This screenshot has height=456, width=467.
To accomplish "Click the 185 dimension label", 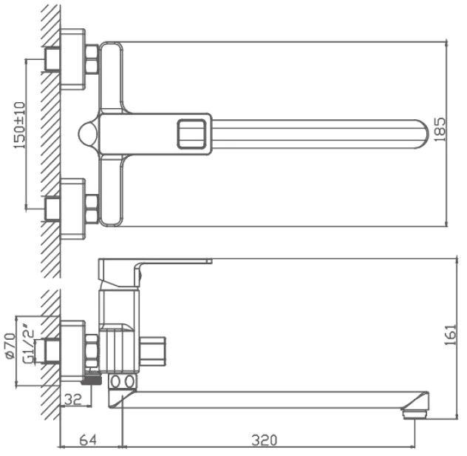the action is [440, 130].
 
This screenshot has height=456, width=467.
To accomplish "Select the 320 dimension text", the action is [265, 440].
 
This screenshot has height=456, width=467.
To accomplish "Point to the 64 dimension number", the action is [88, 440].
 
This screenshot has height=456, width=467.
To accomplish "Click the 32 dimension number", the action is [73, 400].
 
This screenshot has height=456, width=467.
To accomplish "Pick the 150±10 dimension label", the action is [20, 125].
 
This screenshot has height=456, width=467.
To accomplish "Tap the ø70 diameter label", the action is [10, 346].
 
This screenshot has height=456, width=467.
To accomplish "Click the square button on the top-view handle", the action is [191, 134].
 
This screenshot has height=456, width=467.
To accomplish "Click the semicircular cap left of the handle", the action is [87, 134].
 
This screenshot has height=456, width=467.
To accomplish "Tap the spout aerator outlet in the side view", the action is [415, 415].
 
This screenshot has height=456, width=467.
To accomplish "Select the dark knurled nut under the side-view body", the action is [92, 380].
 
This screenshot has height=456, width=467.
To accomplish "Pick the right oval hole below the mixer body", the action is [129, 382].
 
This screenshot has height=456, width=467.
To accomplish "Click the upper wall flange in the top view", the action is [72, 59].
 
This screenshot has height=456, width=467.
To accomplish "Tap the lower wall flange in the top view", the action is [72, 209].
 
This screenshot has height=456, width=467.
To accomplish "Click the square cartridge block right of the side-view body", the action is [152, 352].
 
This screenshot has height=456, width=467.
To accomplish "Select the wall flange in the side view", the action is [72, 351].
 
